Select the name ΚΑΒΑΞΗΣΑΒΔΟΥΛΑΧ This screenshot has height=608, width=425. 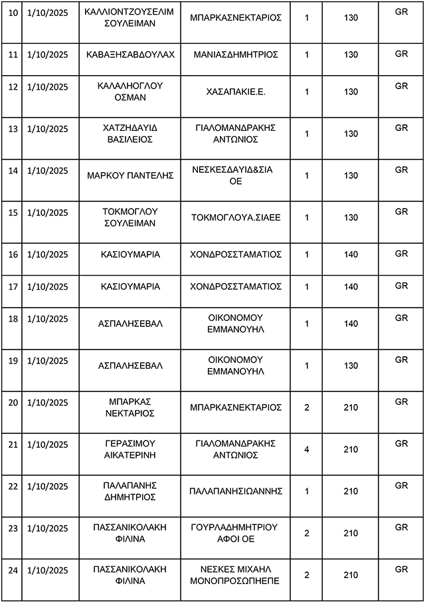130,54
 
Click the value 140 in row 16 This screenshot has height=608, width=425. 351,254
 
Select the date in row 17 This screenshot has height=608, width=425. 48,286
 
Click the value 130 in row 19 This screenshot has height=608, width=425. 351,365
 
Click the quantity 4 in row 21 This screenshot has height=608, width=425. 307,449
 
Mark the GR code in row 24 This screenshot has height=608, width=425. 401,569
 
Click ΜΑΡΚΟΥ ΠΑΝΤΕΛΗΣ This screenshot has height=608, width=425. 130,175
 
